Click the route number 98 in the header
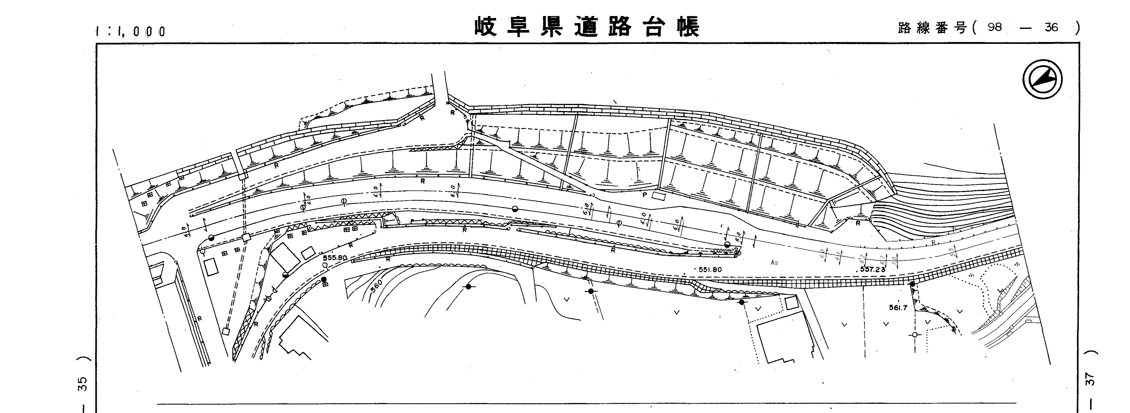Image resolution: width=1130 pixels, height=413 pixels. (x=994, y=27)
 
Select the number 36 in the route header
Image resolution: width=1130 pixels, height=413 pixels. (x=1051, y=27)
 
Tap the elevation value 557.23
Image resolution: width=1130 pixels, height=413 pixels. (x=872, y=270)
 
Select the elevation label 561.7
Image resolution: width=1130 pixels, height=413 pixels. (x=898, y=308)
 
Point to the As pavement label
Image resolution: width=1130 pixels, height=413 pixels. (x=774, y=263)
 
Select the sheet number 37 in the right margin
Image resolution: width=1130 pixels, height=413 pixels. (x=1091, y=379)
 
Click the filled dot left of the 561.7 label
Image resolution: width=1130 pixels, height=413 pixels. (x=912, y=284)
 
